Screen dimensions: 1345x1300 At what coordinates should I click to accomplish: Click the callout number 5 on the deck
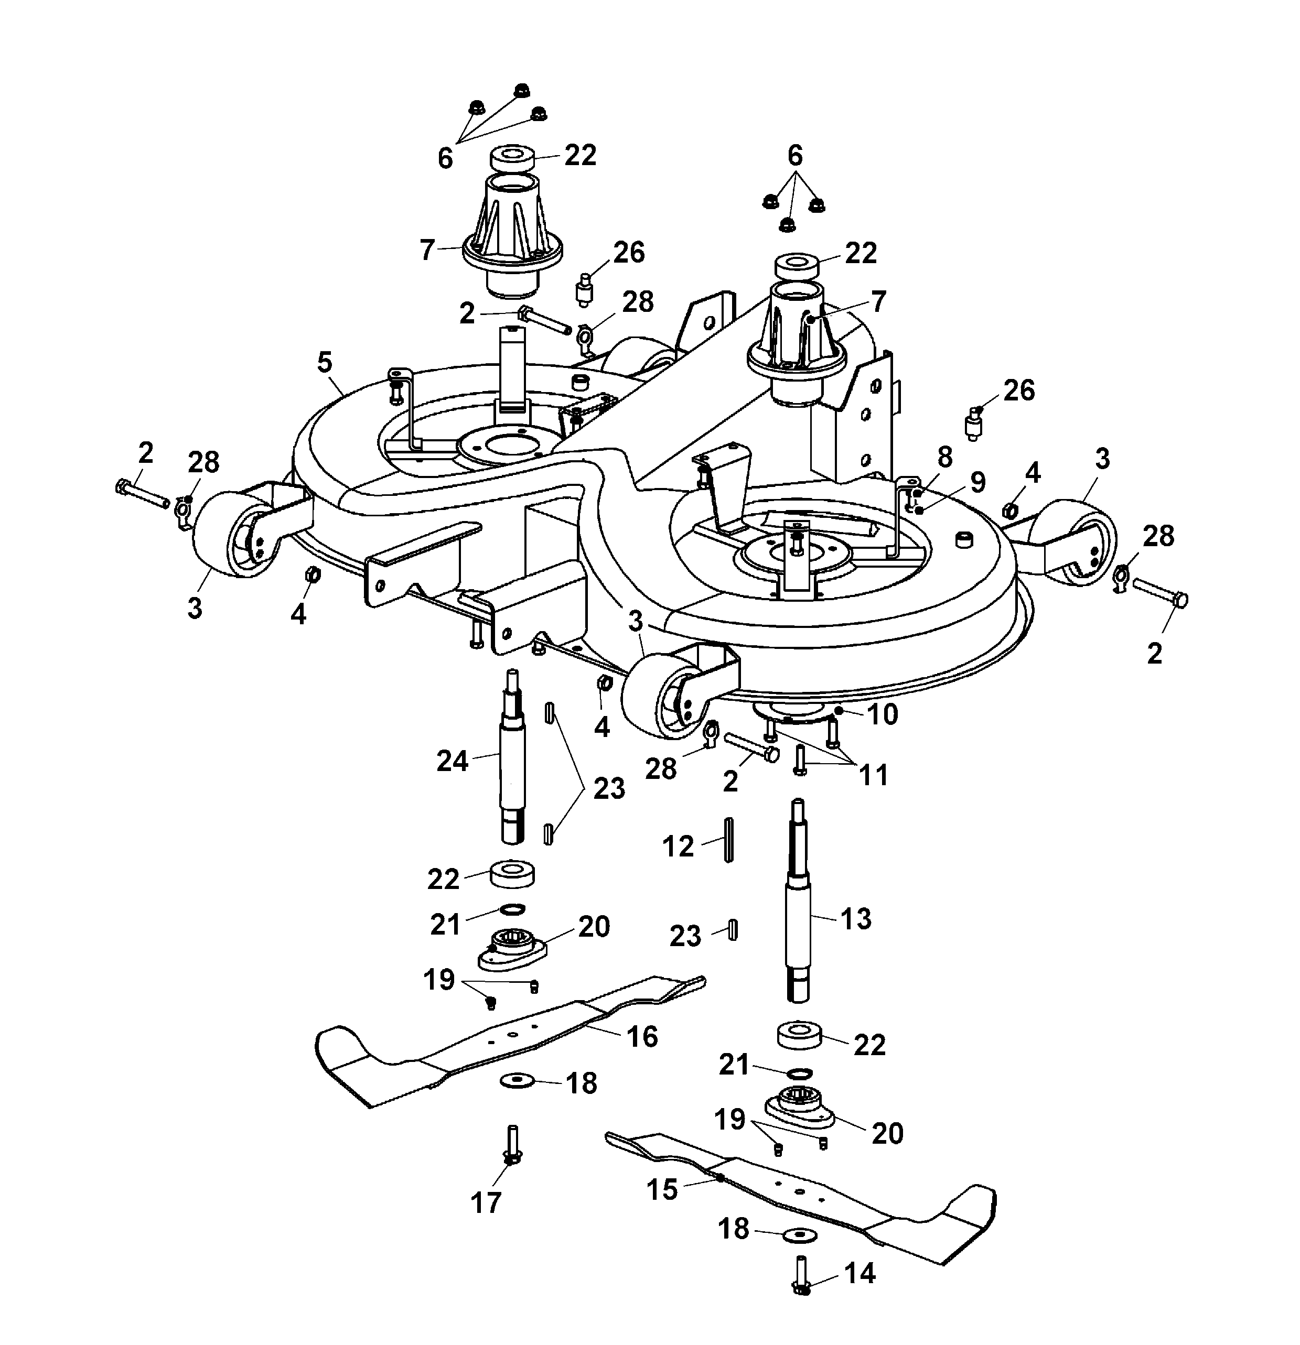[325, 362]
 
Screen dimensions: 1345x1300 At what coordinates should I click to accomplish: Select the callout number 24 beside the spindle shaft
[453, 761]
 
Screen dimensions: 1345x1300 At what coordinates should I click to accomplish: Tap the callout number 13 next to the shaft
[855, 918]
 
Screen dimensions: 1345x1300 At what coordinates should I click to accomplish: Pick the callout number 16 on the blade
[642, 1036]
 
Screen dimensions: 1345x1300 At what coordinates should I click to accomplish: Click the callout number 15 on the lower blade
[662, 1189]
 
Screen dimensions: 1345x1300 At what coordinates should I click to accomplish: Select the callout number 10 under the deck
[883, 715]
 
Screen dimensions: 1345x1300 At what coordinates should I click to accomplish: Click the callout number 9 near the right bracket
[977, 482]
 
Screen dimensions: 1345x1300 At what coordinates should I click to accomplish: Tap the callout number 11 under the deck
[874, 775]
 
